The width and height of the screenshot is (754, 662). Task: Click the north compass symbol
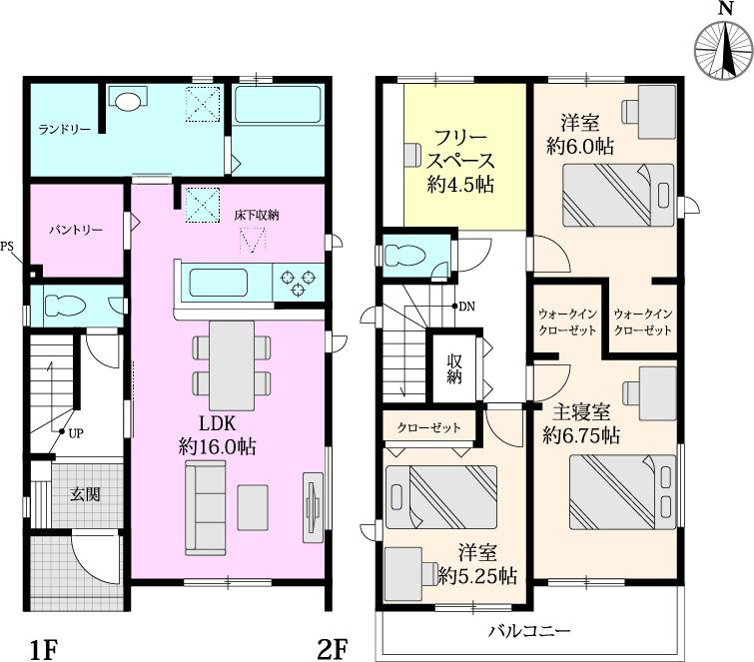point(720,52)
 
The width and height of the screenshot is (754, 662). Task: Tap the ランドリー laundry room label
point(65,130)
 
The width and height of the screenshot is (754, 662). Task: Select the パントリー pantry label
point(76,230)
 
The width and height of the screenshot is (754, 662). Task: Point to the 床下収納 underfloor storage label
point(257,215)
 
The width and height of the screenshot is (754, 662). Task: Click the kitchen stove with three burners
point(298,283)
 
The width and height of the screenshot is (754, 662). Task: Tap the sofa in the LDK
point(206,509)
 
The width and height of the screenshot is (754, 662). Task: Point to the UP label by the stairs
point(76,433)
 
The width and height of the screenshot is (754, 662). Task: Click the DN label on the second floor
point(466,307)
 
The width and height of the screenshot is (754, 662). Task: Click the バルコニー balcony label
point(529,631)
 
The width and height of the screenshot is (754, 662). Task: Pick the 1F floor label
point(41,650)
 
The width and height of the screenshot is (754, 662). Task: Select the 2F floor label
point(333,650)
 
